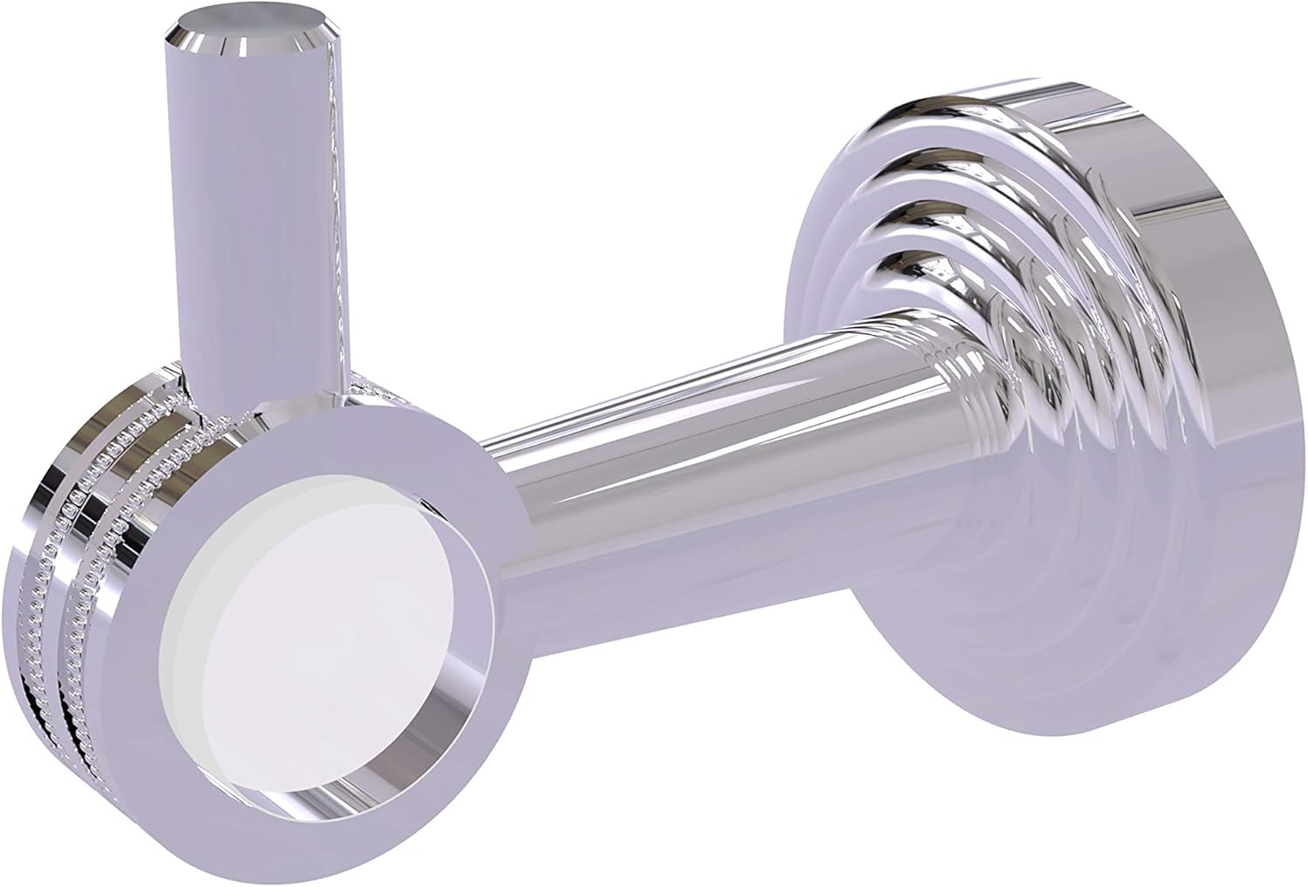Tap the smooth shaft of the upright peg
coord(262,218)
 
